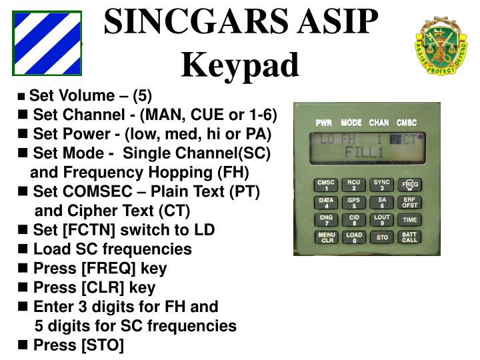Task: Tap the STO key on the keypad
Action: (382, 237)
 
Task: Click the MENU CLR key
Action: (327, 237)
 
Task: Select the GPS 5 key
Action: (354, 203)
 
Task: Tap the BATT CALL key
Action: (409, 237)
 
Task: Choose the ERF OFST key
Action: (409, 203)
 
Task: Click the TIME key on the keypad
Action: (409, 220)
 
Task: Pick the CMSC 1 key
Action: (327, 185)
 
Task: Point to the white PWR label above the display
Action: (323, 123)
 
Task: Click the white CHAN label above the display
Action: (379, 123)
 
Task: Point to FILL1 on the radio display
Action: (365, 152)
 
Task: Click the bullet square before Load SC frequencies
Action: (24, 249)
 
